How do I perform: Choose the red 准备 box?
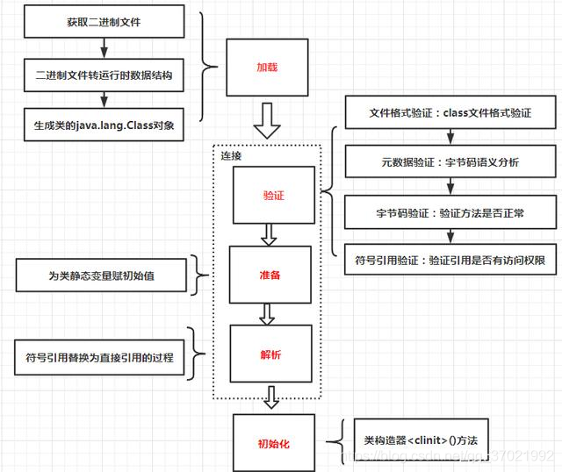[x=269, y=275]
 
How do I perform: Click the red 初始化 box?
[x=272, y=443]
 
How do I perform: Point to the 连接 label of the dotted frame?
[x=232, y=156]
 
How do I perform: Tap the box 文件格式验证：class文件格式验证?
[x=449, y=114]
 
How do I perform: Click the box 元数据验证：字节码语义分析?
[x=449, y=162]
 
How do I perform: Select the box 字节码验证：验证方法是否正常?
[x=449, y=211]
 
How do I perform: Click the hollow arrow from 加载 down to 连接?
[x=266, y=121]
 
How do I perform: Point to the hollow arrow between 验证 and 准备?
[x=269, y=234]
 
